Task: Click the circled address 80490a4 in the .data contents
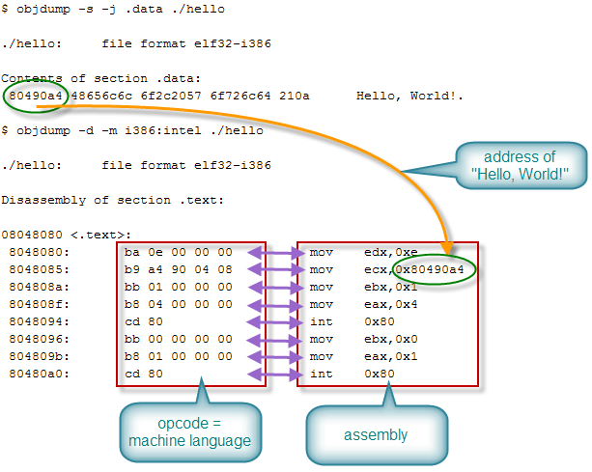tap(35, 97)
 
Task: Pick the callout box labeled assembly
tap(376, 434)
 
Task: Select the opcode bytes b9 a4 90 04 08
tap(179, 269)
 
